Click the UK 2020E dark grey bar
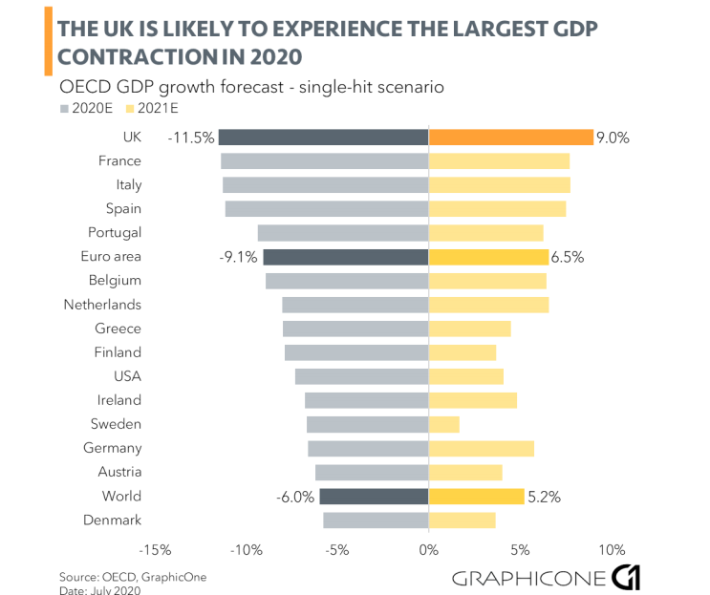(323, 138)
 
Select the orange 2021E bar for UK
(510, 138)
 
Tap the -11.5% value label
(190, 138)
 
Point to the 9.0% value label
(613, 138)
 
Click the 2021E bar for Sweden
(444, 424)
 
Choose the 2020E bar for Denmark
(376, 520)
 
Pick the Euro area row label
(113, 257)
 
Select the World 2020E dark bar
(374, 496)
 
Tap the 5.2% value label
(544, 496)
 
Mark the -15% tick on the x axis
(156, 550)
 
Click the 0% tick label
(429, 550)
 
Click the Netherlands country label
(103, 305)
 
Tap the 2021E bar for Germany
(482, 448)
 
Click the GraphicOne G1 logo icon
(625, 576)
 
